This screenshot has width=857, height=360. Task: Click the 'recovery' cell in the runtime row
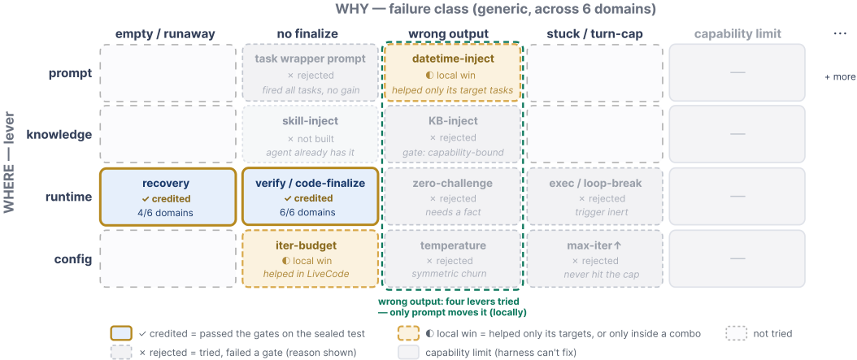coord(167,197)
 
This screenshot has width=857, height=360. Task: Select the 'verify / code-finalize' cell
coord(310,197)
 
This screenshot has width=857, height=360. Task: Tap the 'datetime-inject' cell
coord(453,72)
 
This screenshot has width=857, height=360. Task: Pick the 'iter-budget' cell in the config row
coord(310,259)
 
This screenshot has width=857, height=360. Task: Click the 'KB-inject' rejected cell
coord(453,135)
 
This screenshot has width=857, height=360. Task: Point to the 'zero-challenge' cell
coord(453,197)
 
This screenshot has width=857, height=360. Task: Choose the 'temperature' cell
coord(453,259)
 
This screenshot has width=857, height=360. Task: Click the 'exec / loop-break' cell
coord(595,197)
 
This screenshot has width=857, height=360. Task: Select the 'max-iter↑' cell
coord(595,259)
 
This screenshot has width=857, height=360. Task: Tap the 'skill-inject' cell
coord(310,135)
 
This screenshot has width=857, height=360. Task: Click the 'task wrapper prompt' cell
coord(310,72)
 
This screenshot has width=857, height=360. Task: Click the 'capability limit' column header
coord(737,34)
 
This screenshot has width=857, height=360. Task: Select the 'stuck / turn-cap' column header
coord(595,34)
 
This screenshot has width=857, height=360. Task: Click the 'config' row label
coord(73,259)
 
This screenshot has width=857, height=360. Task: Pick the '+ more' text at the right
coord(840,77)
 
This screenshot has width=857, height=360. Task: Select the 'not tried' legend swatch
coord(736,333)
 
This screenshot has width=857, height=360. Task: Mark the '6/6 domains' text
coord(310,212)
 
